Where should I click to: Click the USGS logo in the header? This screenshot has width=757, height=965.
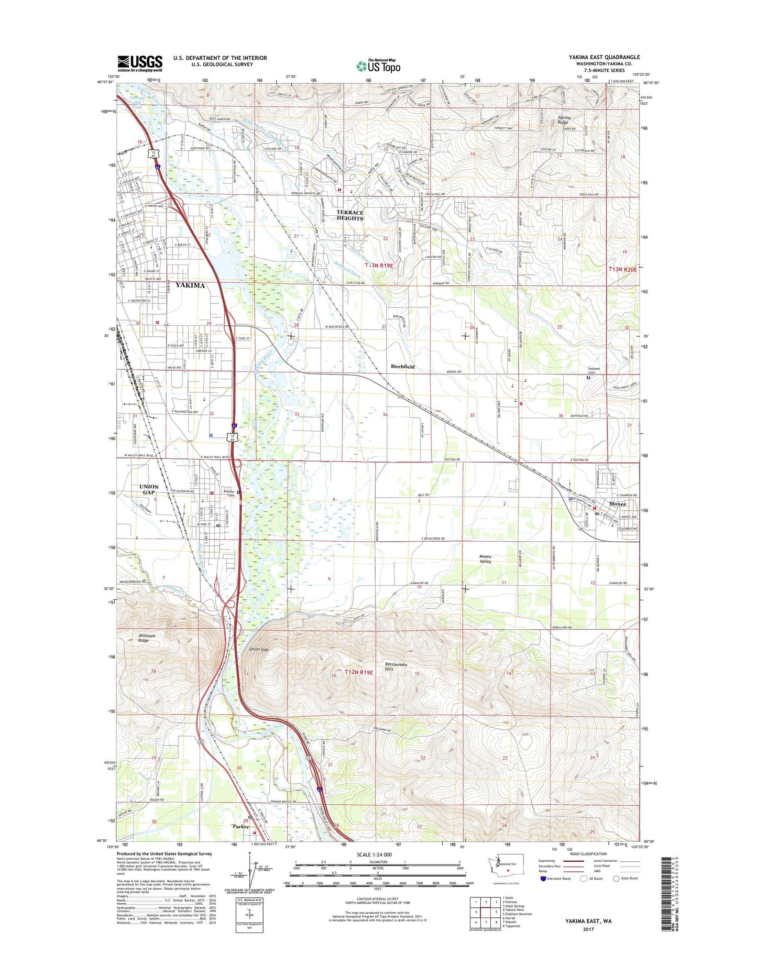pos(139,63)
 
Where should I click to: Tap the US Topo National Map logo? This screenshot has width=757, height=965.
pos(378,65)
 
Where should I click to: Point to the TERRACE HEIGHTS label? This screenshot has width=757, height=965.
pos(349,215)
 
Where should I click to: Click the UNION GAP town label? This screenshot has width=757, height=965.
pos(149,490)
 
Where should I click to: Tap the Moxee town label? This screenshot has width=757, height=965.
pos(617,504)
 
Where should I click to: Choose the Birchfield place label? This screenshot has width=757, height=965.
pos(403,367)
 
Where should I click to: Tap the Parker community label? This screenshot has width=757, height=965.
pos(241,841)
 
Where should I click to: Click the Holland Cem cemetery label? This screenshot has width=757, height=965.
pos(594,371)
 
